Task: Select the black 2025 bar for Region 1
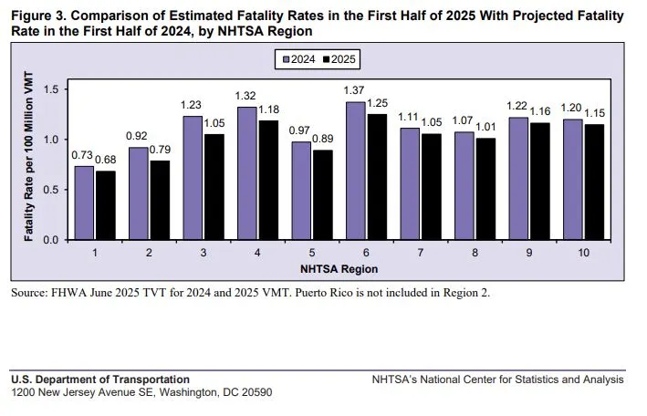click(106, 205)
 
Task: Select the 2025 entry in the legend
click(340, 59)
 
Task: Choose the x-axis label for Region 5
click(313, 252)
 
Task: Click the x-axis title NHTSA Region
click(339, 269)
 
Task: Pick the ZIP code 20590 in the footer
click(253, 392)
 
